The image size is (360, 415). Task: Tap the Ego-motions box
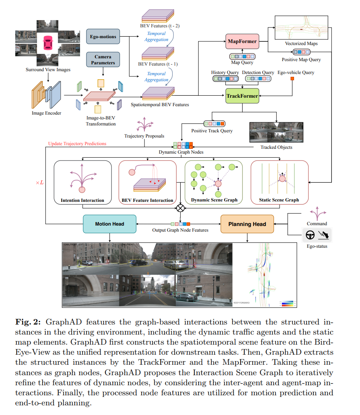pos(103,37)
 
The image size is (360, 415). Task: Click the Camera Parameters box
pos(103,60)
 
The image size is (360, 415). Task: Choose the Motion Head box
pos(109,224)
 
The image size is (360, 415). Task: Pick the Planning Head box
pos(247,224)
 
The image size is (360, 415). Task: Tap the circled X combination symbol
pos(181,208)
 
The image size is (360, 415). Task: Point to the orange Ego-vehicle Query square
pos(292,78)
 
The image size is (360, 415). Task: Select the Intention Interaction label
pos(82,200)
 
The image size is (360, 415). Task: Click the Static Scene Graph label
pos(279,200)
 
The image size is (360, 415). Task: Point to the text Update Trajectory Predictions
pos(77,144)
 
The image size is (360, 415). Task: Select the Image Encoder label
pos(47,113)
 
